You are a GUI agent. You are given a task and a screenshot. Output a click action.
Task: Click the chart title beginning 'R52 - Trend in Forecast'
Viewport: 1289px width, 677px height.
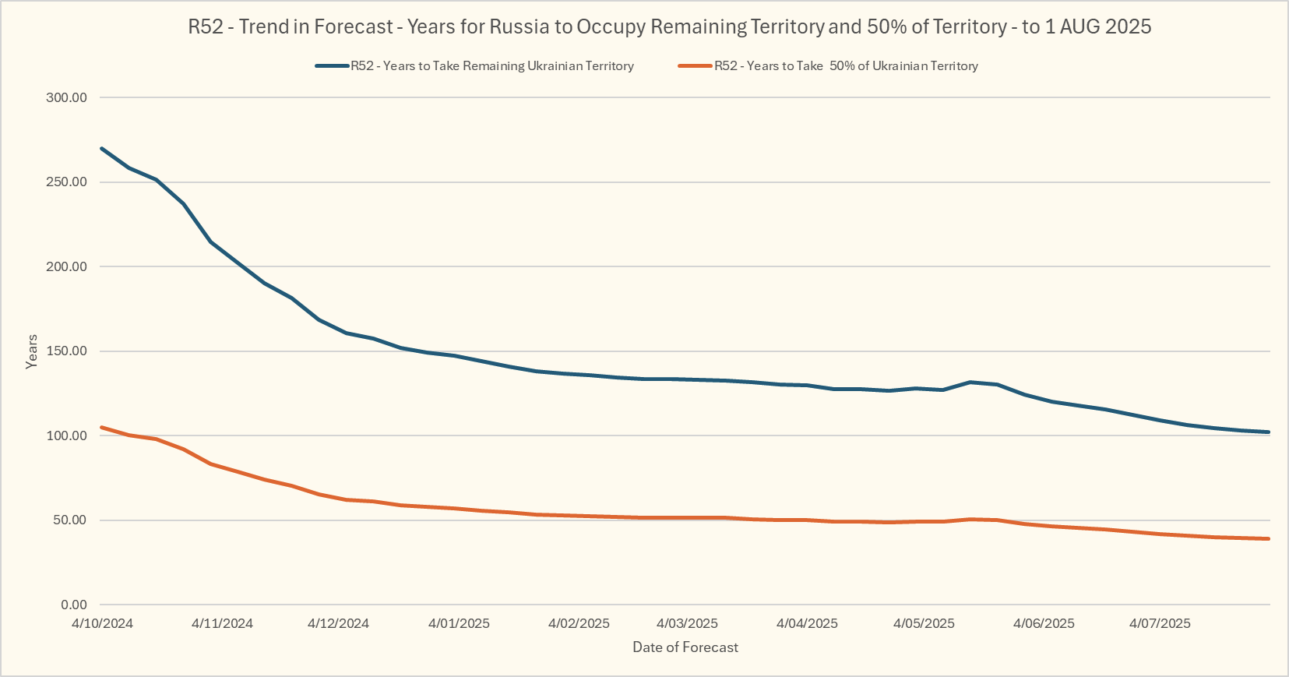tap(669, 26)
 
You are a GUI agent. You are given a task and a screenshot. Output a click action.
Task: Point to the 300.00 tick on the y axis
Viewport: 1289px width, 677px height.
tap(67, 97)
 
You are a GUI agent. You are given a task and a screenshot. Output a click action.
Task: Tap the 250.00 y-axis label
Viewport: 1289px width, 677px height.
tap(67, 182)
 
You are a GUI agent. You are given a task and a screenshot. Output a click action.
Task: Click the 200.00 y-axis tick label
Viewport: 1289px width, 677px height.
tap(67, 266)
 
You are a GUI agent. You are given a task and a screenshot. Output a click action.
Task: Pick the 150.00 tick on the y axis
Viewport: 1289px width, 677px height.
tap(67, 351)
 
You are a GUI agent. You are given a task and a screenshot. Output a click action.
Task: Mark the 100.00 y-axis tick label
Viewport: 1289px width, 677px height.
tap(67, 435)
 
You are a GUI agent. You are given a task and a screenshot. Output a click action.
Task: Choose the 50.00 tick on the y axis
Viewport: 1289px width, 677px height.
tap(70, 520)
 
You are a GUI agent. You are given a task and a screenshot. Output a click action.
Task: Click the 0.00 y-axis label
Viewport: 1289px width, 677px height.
tap(73, 605)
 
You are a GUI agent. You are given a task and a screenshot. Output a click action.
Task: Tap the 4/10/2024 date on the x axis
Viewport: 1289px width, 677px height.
tap(102, 623)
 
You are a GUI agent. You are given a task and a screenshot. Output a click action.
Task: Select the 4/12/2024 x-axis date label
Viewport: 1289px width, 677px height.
tap(338, 623)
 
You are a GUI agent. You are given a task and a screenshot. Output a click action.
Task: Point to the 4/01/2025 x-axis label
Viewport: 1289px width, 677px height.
tap(459, 623)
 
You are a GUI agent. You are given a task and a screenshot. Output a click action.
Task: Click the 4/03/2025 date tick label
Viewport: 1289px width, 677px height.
tap(687, 623)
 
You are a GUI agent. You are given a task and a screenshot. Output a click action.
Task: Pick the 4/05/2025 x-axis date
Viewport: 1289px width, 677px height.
tap(924, 623)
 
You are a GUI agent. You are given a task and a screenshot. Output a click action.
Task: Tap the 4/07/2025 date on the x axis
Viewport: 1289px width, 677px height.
tap(1160, 623)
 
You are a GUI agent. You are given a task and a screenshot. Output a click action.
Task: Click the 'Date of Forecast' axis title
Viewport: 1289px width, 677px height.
tap(685, 647)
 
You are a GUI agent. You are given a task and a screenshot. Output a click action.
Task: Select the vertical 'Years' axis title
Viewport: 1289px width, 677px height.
tap(32, 351)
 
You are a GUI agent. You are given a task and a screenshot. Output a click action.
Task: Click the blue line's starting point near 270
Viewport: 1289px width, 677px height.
tap(102, 148)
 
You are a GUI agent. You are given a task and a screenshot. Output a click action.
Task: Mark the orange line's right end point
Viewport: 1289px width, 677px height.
tap(1269, 538)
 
